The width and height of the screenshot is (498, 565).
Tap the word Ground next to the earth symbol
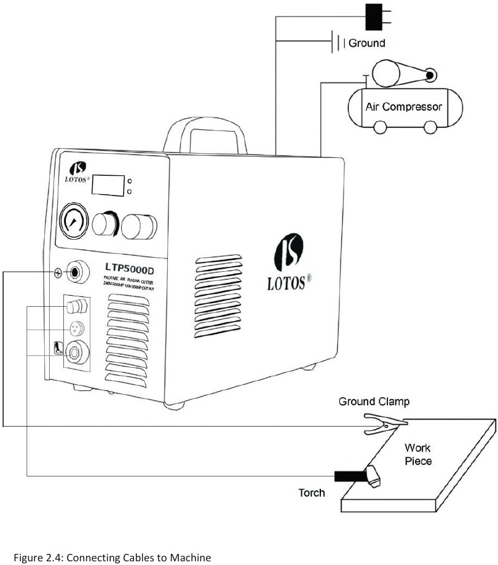(367, 43)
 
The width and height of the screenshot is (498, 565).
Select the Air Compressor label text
(403, 106)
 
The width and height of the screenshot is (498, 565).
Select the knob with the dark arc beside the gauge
(106, 225)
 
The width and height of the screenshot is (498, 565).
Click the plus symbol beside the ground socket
(58, 273)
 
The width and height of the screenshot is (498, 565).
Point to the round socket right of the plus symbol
(77, 272)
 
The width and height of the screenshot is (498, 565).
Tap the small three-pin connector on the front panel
(76, 326)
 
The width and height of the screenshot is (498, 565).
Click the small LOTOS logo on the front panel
(77, 172)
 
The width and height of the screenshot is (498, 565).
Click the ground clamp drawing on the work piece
(384, 422)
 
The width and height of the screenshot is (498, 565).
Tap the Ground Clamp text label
(374, 401)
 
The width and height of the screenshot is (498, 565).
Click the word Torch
(312, 492)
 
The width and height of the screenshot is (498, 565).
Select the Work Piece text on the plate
(418, 454)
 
